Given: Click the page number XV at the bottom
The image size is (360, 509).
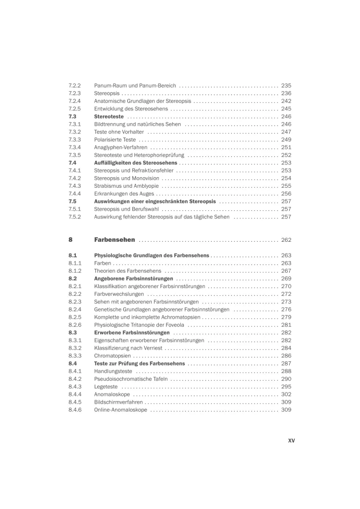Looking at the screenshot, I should [291, 441].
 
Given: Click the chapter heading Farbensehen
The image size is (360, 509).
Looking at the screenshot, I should [115, 240].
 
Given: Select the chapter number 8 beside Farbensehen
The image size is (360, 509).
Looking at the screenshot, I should [70, 240].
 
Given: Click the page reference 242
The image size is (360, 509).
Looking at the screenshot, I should [286, 101].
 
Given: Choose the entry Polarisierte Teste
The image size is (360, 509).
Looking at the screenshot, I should [115, 139].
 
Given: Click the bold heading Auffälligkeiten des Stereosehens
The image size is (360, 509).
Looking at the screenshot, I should [135, 163].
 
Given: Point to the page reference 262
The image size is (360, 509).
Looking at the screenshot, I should [286, 240].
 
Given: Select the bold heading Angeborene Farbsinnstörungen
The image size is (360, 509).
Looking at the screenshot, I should [133, 279].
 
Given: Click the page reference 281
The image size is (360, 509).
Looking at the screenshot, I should [286, 325].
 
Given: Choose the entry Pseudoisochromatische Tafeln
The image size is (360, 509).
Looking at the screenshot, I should [131, 379].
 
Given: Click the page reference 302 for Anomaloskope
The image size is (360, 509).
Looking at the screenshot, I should [286, 394].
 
